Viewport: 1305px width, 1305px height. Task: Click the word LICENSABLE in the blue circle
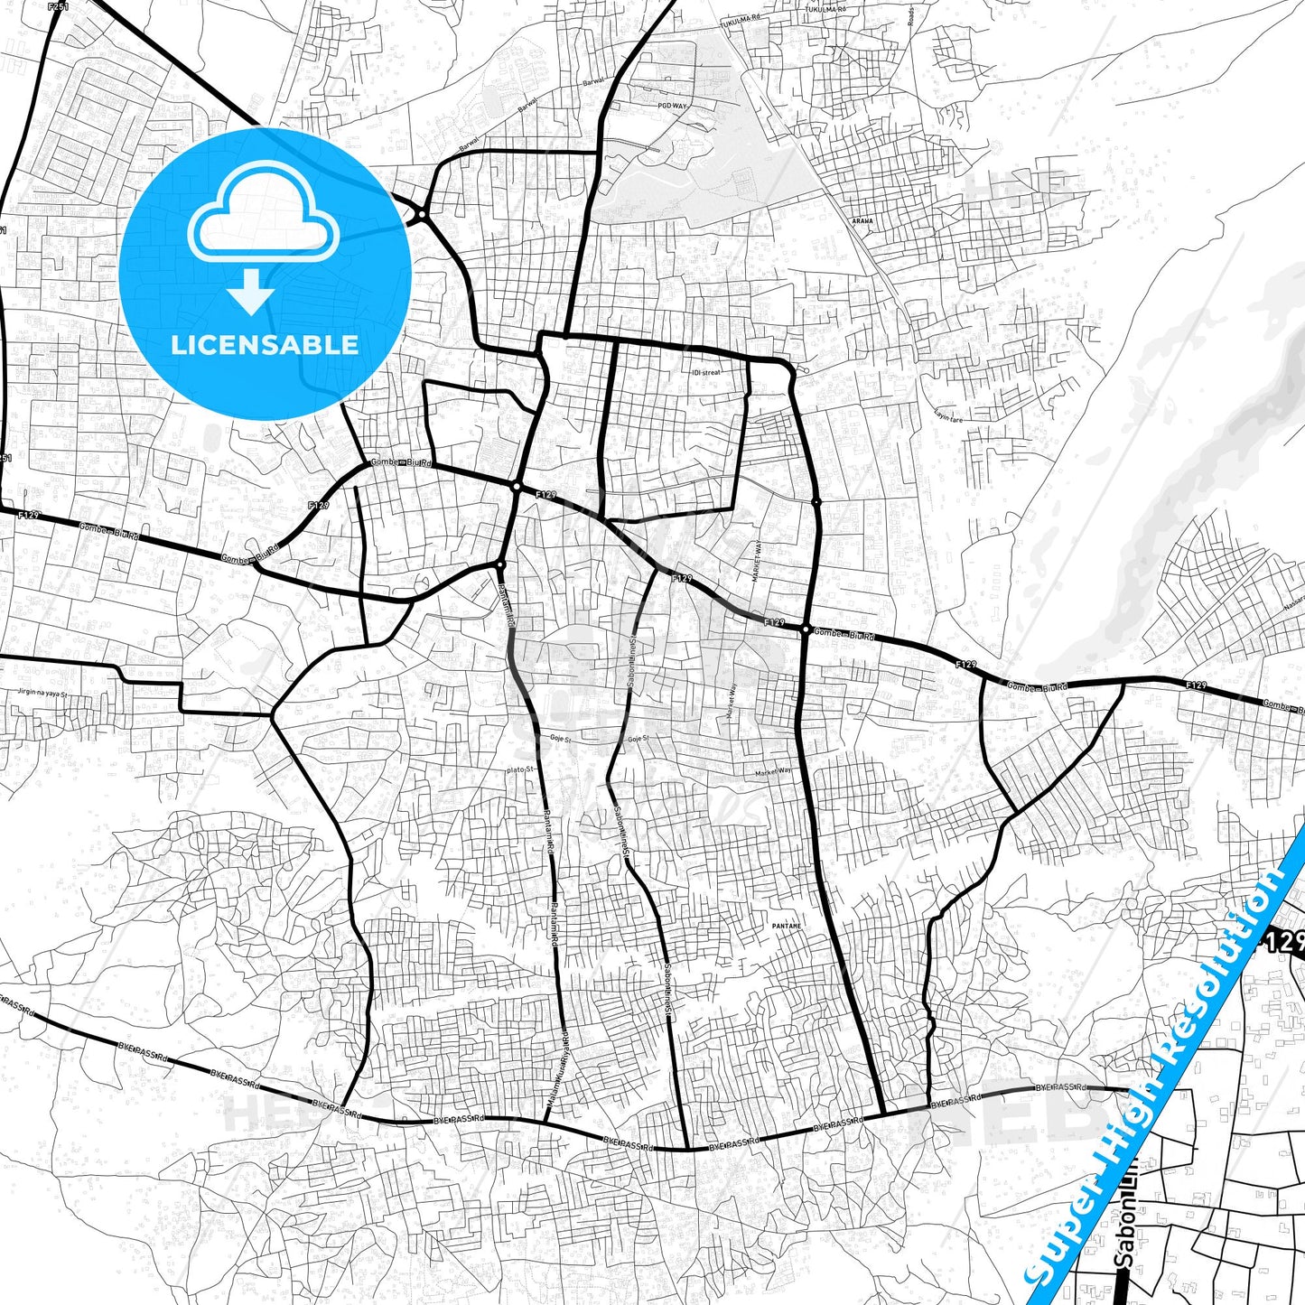265,345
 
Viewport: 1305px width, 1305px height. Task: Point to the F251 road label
58,7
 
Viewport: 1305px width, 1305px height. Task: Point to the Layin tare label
949,416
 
